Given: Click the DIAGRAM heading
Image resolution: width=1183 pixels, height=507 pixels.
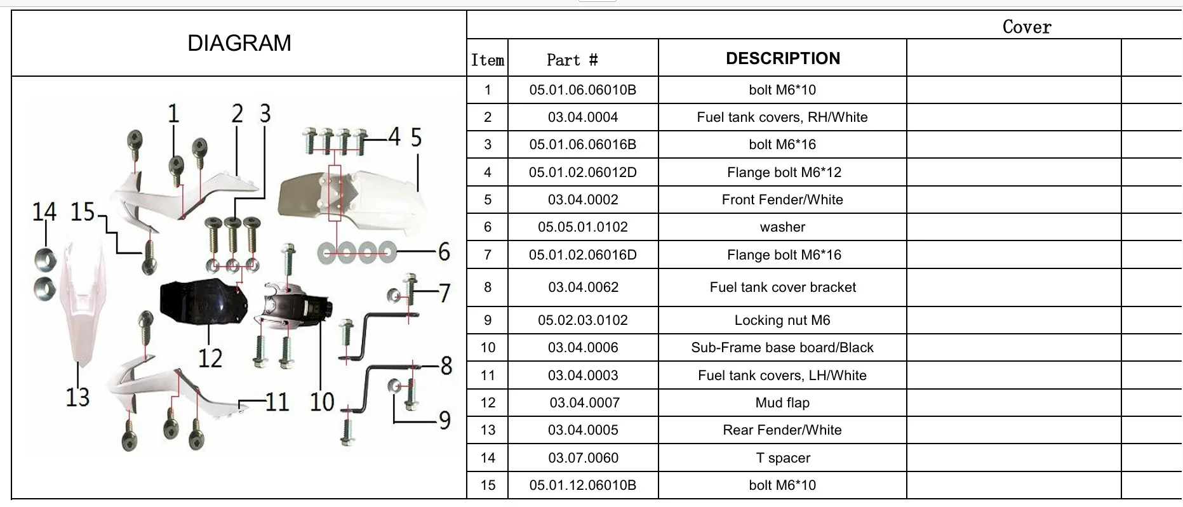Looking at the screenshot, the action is coord(239,43).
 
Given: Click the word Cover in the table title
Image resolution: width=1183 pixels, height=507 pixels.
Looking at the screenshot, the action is coord(1027,27).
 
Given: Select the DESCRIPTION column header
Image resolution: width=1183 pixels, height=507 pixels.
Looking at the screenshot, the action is coord(783,58).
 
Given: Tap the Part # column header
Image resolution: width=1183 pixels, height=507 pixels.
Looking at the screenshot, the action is coord(572,60).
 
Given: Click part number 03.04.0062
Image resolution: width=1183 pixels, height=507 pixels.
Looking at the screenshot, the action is coord(583,287).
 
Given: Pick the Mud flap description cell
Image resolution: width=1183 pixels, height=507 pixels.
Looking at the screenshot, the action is coord(782,403).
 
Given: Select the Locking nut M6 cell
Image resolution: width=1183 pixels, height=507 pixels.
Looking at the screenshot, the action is coord(782,320).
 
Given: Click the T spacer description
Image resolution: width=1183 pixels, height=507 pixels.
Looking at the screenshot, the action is coord(783,458).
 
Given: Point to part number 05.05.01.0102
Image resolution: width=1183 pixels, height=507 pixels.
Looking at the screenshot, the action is coord(583,227).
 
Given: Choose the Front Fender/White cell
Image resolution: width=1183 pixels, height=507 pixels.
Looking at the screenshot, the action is coord(782,200).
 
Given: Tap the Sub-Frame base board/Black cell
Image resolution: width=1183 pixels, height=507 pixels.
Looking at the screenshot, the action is coord(782,348).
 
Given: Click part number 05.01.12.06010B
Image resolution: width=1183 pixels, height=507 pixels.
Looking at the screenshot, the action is coord(583,485).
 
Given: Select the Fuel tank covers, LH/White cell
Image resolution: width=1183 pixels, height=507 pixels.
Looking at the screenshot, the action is coord(782,376).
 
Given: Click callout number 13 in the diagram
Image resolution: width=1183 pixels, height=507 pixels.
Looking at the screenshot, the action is coord(78,397).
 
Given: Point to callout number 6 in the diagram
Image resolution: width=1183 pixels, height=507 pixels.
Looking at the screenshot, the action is coord(444,252).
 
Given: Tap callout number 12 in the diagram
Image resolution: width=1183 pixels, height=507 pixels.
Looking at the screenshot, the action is coord(210,359).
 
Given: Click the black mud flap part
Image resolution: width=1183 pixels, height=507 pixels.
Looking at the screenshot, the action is coord(202,301).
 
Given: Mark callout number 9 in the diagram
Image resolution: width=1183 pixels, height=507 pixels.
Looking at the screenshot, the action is coord(444,420).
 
